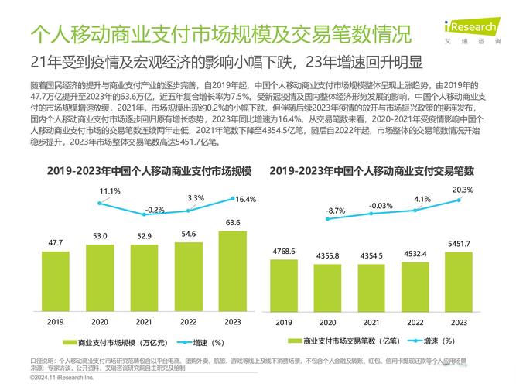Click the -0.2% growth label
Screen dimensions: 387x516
(155, 210)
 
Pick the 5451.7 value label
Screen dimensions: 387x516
(459, 245)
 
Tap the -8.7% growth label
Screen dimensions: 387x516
(335, 211)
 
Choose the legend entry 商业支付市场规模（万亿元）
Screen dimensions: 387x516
(115, 341)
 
